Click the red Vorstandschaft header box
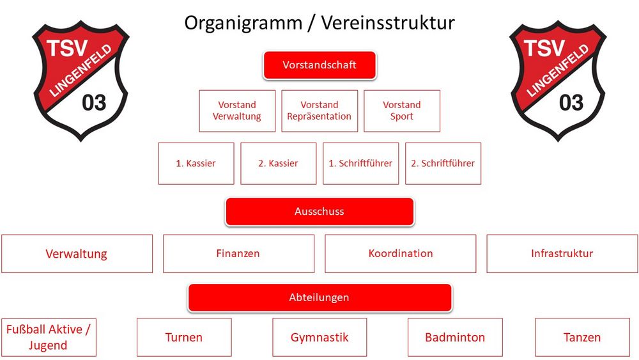click(319, 65)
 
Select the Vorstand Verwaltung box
click(237, 111)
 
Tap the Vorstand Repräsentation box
click(319, 111)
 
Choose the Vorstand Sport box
click(402, 111)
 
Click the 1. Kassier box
click(196, 164)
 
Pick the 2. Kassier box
click(279, 164)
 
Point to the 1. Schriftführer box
click(360, 164)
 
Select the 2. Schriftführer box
click(443, 164)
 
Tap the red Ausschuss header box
click(319, 212)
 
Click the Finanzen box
click(238, 254)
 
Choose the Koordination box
click(400, 254)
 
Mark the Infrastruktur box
click(562, 254)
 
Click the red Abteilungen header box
click(319, 297)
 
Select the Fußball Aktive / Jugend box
click(49, 338)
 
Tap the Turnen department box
click(184, 338)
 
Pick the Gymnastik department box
click(319, 338)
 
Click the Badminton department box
click(455, 338)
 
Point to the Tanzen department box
click(582, 338)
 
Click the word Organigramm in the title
click(243, 24)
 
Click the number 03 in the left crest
click(94, 102)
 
